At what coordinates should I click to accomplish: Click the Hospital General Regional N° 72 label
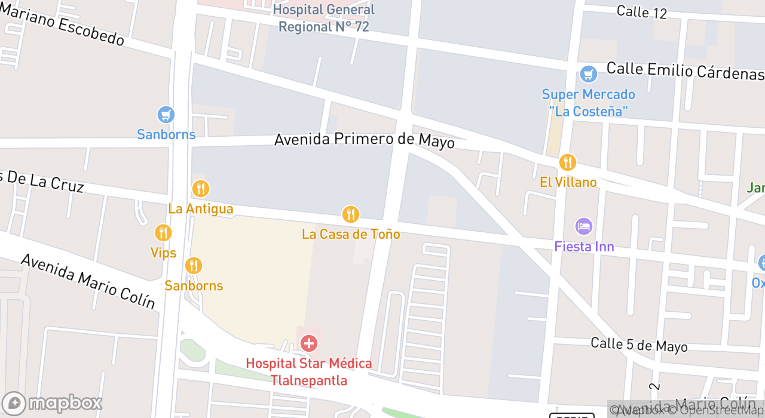point(323,19)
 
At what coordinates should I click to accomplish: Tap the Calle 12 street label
point(641,11)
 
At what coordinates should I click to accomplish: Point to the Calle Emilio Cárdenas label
point(685,70)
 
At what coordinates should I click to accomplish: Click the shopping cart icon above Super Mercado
point(589,75)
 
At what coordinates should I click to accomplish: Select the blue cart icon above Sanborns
point(166,115)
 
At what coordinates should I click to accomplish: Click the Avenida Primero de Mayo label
point(364,141)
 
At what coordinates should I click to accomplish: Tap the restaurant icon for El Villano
point(567,162)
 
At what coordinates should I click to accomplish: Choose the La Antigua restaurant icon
point(201,189)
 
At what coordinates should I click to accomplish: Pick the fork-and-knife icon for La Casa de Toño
point(350,214)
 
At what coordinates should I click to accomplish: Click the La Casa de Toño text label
point(351,234)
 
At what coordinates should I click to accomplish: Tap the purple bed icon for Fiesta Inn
point(583,226)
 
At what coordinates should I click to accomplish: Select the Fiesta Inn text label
point(584,246)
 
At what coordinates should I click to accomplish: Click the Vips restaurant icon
point(163,233)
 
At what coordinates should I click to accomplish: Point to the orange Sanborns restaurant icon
point(193,265)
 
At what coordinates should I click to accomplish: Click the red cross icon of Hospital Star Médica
point(308,343)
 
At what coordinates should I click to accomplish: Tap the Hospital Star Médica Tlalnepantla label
point(308,371)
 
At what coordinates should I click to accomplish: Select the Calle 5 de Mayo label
point(639,345)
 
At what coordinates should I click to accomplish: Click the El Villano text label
point(568,182)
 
